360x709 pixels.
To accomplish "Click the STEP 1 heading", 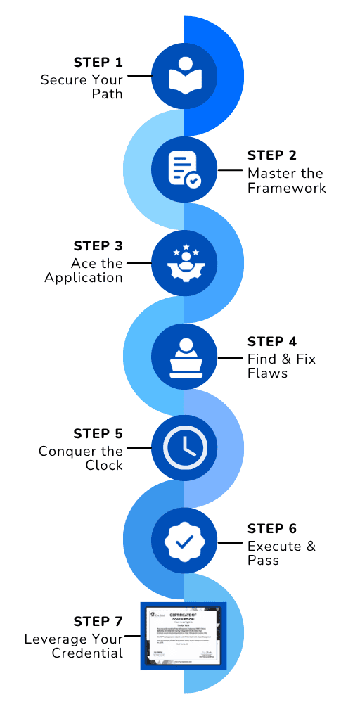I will click(x=98, y=61).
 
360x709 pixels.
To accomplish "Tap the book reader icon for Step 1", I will click(x=184, y=75).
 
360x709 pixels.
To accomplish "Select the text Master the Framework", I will click(x=286, y=181).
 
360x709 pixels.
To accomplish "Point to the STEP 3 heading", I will click(x=98, y=246).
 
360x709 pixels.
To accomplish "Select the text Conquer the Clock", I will click(x=81, y=458).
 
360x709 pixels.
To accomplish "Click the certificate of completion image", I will click(x=184, y=635).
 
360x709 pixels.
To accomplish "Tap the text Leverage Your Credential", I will click(x=74, y=646).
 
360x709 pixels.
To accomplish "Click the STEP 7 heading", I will click(x=98, y=621).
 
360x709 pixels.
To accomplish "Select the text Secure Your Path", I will click(x=82, y=87).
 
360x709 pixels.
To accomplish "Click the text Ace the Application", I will click(x=84, y=271).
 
